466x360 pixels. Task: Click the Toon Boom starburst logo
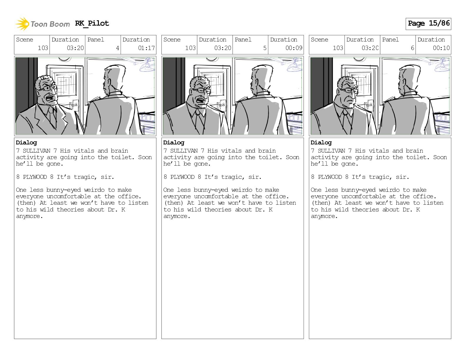pyautogui.click(x=22, y=24)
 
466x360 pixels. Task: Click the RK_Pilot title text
pyautogui.click(x=92, y=23)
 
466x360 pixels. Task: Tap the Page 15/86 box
pyautogui.click(x=428, y=24)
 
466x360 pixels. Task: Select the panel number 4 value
pyautogui.click(x=117, y=48)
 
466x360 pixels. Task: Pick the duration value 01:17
pyautogui.click(x=146, y=48)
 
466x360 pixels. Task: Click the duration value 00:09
pyautogui.click(x=294, y=48)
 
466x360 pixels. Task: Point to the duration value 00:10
pyautogui.click(x=441, y=48)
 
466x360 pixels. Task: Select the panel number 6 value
pyautogui.click(x=412, y=48)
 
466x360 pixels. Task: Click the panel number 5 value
pyautogui.click(x=265, y=48)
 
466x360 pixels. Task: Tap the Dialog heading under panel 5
pyautogui.click(x=174, y=143)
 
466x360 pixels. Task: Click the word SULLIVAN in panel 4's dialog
pyautogui.click(x=37, y=151)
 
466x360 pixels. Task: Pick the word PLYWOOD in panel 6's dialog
pyautogui.click(x=330, y=177)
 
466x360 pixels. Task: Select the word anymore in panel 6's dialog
pyautogui.click(x=324, y=216)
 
